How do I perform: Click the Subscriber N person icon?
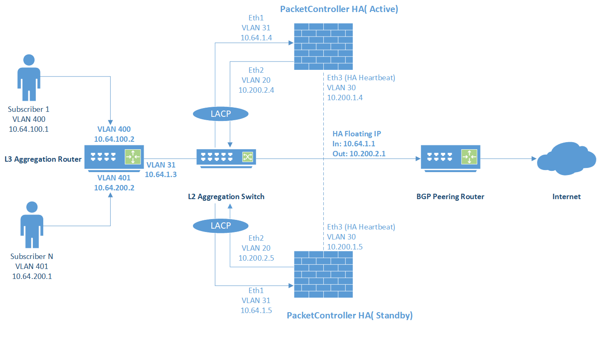click(32, 225)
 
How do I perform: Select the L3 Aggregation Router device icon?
click(114, 157)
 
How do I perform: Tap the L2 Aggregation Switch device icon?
click(226, 158)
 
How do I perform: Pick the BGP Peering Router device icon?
click(451, 157)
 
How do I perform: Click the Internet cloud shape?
click(566, 159)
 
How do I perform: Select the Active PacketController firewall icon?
click(323, 47)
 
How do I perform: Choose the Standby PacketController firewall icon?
click(323, 274)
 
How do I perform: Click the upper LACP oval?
click(220, 113)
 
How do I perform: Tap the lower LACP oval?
click(220, 226)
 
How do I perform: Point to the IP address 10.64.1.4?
click(256, 38)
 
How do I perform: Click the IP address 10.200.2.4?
click(256, 90)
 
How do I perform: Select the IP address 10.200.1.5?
click(345, 247)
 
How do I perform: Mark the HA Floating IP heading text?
click(357, 134)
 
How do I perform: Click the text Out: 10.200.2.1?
click(359, 154)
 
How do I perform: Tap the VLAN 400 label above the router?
click(114, 129)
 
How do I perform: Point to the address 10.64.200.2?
click(114, 188)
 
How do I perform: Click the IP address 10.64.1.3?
click(161, 175)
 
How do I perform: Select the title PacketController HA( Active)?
click(339, 9)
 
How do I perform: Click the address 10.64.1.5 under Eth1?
click(256, 311)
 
